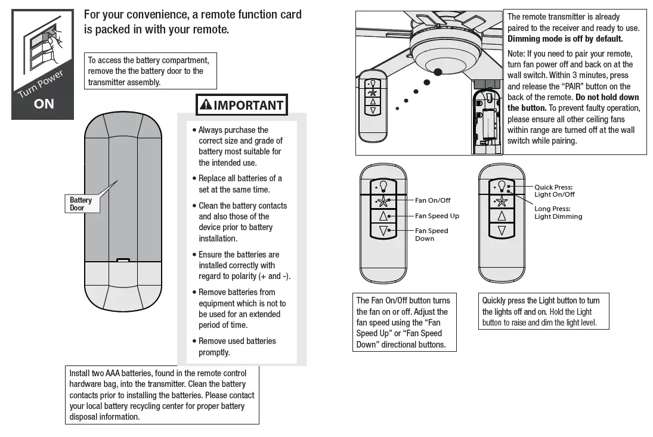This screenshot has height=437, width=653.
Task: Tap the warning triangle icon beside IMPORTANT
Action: point(206,106)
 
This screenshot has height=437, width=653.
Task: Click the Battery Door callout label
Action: point(81,204)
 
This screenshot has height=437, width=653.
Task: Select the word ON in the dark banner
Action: point(44,104)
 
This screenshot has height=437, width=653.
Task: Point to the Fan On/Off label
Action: point(432,200)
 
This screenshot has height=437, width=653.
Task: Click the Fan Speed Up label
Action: point(437,216)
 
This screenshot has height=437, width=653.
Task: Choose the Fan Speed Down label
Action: point(431,234)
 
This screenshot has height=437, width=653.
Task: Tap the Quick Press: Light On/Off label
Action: point(555,191)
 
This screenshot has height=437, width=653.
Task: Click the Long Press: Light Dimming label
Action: point(558,213)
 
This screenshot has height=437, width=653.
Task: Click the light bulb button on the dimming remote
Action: point(502,186)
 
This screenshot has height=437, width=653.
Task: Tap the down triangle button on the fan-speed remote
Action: point(383,230)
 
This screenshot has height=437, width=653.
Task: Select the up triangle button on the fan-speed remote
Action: point(383,215)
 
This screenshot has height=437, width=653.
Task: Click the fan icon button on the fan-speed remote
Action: point(383,201)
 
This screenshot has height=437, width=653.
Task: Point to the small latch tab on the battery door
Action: point(123,260)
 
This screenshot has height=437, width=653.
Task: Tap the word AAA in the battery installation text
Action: point(113,373)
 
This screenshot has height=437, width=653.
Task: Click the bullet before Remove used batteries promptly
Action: point(194,341)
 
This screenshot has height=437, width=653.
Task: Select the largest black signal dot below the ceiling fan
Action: point(438,72)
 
